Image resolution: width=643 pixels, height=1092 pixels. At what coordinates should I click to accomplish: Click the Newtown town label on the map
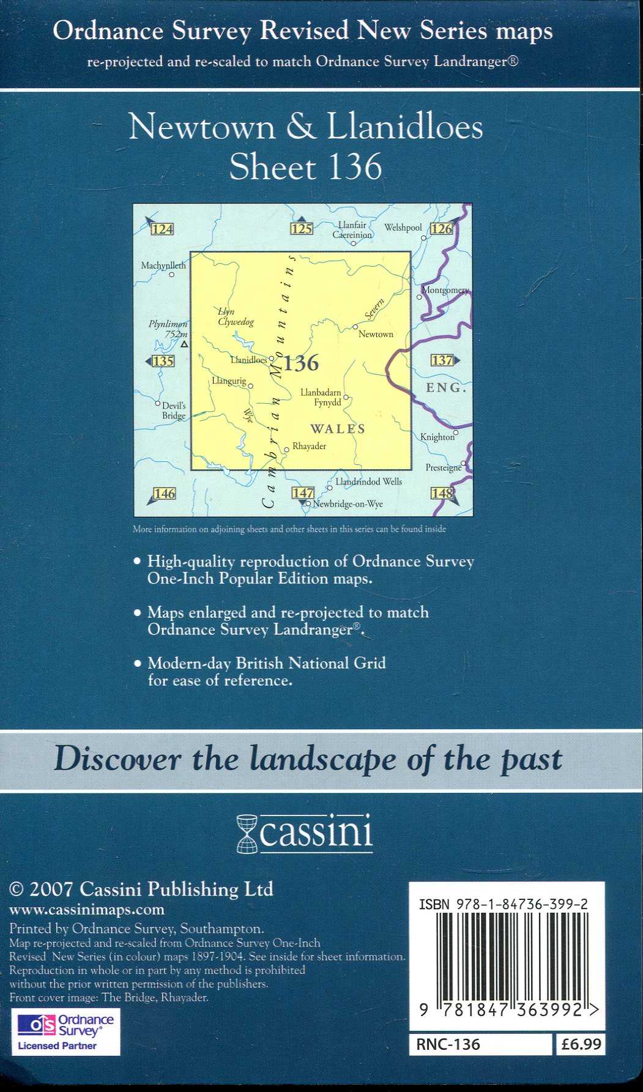[376, 334]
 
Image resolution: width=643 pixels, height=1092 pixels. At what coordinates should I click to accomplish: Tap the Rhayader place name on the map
[309, 446]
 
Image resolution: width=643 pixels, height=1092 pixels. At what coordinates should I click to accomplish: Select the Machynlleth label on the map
[163, 266]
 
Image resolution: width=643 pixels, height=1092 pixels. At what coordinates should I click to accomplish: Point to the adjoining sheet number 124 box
[162, 229]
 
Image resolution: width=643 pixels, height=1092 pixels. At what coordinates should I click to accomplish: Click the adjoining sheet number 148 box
[442, 493]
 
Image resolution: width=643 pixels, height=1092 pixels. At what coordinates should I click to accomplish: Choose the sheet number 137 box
[442, 360]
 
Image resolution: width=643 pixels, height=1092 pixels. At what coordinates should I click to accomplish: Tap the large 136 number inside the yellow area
[302, 363]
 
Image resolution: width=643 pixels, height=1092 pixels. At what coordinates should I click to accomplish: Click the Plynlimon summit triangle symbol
[185, 344]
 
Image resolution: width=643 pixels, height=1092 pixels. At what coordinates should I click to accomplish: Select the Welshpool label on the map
[403, 228]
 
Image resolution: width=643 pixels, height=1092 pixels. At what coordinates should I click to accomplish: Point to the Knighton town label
[437, 437]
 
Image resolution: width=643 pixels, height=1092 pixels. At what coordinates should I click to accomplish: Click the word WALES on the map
[338, 429]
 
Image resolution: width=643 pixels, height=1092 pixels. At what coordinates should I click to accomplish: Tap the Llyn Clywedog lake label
[236, 316]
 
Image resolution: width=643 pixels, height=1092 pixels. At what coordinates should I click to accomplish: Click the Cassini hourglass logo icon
[248, 833]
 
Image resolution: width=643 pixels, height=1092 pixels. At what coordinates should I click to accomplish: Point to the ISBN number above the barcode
[504, 904]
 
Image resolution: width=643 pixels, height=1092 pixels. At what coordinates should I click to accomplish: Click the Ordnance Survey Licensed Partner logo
[65, 1032]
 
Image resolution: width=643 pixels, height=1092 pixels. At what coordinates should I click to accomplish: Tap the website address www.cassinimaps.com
[87, 910]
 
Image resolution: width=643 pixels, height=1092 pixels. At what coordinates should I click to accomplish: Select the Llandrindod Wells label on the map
[369, 481]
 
